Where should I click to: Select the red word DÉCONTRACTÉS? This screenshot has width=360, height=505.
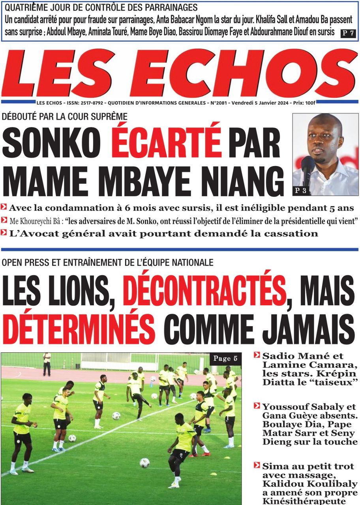204,292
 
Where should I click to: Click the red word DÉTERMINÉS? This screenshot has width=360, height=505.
78,327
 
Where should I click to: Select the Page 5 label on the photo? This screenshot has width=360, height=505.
225,358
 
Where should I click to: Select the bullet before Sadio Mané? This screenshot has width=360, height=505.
257,355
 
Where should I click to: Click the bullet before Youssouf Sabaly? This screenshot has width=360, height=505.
257,406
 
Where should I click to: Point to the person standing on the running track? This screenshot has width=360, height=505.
47,363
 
